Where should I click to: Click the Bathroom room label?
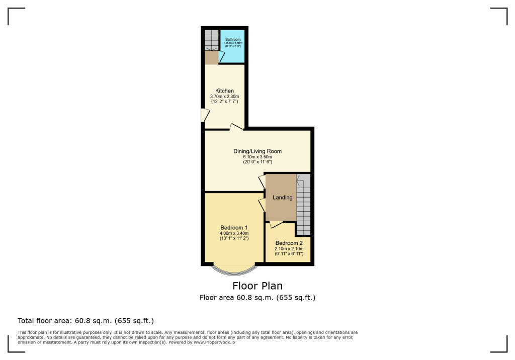pyautogui.click(x=233, y=39)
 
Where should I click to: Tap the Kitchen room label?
pyautogui.click(x=224, y=91)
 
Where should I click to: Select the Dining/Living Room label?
pyautogui.click(x=257, y=151)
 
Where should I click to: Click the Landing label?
pyautogui.click(x=282, y=198)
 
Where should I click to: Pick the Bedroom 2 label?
pyautogui.click(x=289, y=243)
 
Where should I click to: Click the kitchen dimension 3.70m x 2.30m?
pyautogui.click(x=224, y=97)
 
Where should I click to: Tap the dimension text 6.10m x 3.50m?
pyautogui.click(x=257, y=157)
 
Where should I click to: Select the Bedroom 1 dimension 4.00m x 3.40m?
pyautogui.click(x=234, y=233)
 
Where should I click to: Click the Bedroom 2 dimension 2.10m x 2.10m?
pyautogui.click(x=289, y=248)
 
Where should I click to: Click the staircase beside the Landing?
pyautogui.click(x=303, y=206)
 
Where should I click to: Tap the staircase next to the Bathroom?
pyautogui.click(x=211, y=40)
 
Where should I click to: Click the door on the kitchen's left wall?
pyautogui.click(x=205, y=115)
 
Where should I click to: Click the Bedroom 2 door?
pyautogui.click(x=276, y=224)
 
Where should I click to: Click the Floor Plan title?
pyautogui.click(x=257, y=286)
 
